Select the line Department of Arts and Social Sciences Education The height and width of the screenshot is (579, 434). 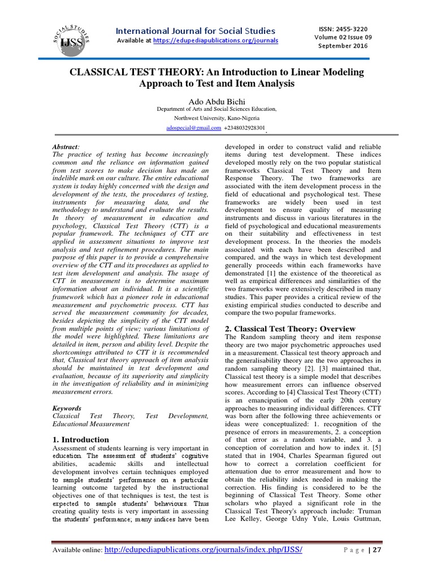coord(216,109)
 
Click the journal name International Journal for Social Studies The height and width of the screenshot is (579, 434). coord(196,31)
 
